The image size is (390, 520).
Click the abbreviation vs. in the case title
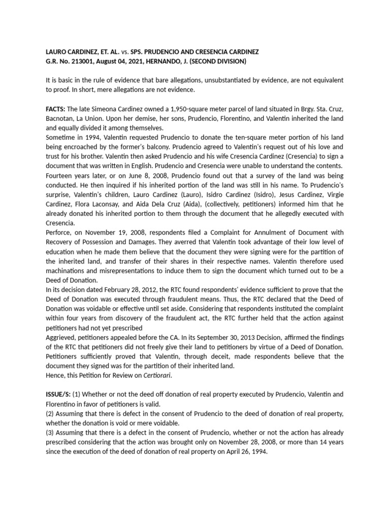(121, 52)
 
